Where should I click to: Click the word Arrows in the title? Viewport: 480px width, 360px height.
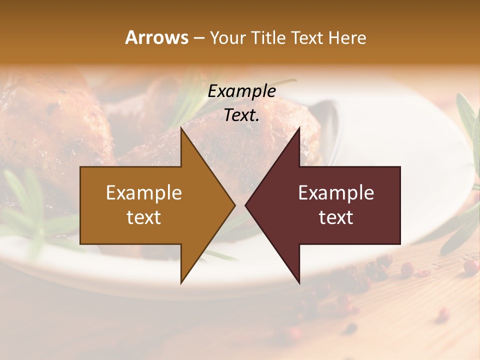tap(156, 38)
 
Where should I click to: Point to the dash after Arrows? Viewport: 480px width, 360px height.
tap(198, 38)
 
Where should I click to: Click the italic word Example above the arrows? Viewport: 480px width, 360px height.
tap(242, 91)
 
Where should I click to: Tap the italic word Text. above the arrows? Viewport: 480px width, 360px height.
tap(242, 115)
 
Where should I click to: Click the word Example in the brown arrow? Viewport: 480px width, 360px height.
tap(144, 193)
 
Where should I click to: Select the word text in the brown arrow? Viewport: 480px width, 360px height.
tap(144, 217)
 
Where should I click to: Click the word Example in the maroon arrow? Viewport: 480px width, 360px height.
tap(336, 193)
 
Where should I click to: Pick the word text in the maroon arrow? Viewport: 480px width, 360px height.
tap(336, 217)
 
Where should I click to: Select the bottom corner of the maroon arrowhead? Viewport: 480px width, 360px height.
tap(299, 282)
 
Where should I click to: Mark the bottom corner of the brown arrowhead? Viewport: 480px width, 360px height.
tap(181, 282)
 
